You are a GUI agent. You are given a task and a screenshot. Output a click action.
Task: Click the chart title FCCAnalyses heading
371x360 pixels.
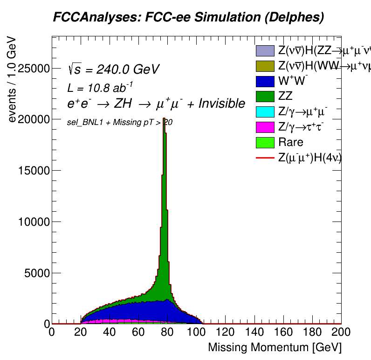tap(188, 18)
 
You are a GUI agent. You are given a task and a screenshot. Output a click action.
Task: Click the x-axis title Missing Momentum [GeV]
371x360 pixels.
tap(275, 347)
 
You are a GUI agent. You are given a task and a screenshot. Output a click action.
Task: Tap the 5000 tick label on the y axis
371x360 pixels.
tap(36, 273)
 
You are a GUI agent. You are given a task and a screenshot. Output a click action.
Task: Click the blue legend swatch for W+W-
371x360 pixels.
tap(265, 81)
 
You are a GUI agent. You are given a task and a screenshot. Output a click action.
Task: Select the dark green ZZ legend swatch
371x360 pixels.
tap(265, 97)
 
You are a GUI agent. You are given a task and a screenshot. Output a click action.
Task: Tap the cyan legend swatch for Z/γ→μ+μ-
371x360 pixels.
tap(265, 112)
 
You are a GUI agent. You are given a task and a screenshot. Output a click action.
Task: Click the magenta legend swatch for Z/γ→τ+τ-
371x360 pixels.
tap(265, 127)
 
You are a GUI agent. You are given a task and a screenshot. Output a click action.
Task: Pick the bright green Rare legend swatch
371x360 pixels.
tap(265, 143)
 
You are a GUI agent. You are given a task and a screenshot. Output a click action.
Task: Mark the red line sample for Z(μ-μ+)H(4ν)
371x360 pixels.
tap(265, 158)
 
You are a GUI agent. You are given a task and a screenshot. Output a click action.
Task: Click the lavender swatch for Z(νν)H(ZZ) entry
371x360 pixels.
tap(265, 50)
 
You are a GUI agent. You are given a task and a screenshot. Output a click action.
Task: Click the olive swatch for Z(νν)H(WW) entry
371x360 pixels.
tap(265, 66)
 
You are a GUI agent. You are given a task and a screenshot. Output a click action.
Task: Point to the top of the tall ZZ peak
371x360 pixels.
tap(164, 119)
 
